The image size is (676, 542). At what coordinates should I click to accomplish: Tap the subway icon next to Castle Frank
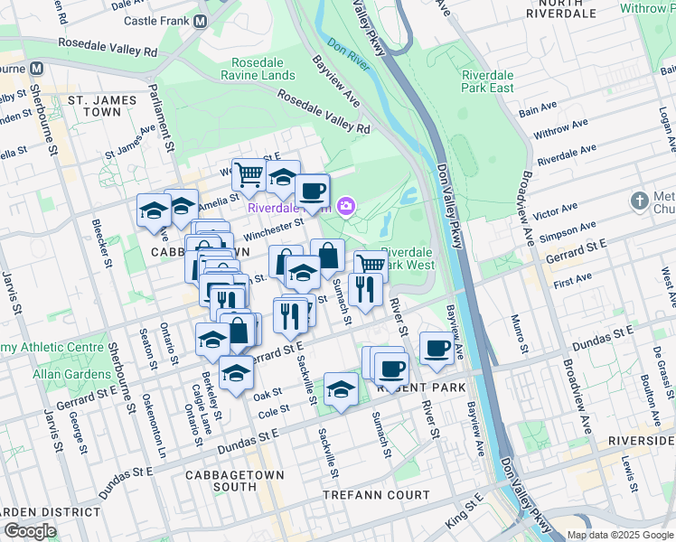click(201, 20)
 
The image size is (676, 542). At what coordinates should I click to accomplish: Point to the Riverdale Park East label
click(488, 81)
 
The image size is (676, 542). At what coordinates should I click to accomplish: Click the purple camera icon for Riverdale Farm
click(345, 208)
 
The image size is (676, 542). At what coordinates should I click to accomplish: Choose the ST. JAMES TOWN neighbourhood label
click(101, 106)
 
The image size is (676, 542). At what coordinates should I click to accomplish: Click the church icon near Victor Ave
click(640, 200)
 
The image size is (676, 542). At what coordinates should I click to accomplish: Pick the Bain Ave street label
click(539, 110)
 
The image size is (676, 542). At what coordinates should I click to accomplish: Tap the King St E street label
click(464, 519)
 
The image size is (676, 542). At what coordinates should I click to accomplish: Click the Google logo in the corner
click(30, 531)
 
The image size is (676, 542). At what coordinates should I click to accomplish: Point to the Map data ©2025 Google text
click(620, 535)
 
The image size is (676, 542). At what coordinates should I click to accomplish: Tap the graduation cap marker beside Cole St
click(340, 388)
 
